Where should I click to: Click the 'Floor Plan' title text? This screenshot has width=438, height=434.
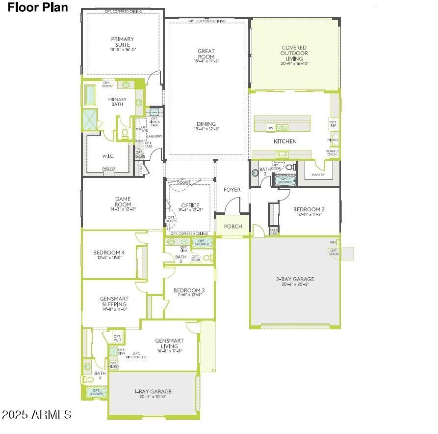click(x=38, y=7)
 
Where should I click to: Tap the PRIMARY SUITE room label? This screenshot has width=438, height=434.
click(x=122, y=42)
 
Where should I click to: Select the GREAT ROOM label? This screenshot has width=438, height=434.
click(x=206, y=54)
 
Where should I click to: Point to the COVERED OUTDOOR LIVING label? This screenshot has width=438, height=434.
click(x=294, y=53)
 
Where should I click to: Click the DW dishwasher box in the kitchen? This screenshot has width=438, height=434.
click(x=270, y=128)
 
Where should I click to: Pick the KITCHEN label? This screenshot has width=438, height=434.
click(x=285, y=142)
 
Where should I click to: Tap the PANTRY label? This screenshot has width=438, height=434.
click(x=318, y=174)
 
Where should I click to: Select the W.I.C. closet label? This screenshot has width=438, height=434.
click(x=108, y=157)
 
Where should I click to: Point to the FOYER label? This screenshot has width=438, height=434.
click(x=232, y=190)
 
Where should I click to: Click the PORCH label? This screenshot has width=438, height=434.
click(x=233, y=227)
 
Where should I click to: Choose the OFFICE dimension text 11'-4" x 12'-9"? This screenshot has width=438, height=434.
click(x=190, y=210)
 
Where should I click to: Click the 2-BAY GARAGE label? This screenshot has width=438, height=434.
click(x=295, y=281)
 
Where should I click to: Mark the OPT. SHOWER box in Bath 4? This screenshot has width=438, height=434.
click(x=96, y=392)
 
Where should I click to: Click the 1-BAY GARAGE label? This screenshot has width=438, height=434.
click(x=153, y=394)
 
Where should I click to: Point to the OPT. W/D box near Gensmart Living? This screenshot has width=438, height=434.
click(x=118, y=338)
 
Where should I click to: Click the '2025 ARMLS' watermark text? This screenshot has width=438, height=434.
click(x=37, y=414)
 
